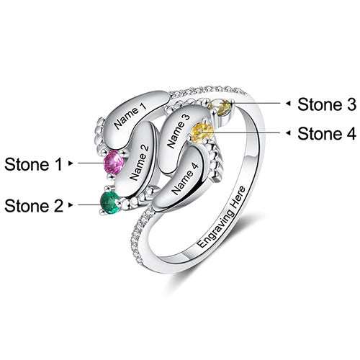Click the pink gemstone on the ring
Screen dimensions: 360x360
pyautogui.click(x=114, y=162)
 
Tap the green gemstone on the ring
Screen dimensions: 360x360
pyautogui.click(x=109, y=202)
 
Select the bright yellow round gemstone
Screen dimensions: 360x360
pyautogui.click(x=202, y=133)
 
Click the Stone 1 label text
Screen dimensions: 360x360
pyautogui.click(x=33, y=164)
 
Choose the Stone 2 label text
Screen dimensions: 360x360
pyautogui.click(x=34, y=206)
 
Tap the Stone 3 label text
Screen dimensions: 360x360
pyautogui.click(x=327, y=104)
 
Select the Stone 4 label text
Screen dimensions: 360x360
pyautogui.click(x=327, y=133)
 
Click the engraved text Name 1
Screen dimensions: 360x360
pyautogui.click(x=130, y=116)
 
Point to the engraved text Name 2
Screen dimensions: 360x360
pyautogui.click(x=139, y=163)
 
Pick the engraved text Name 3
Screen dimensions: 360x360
pyautogui.click(x=179, y=131)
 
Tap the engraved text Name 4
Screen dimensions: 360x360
pyautogui.click(x=185, y=179)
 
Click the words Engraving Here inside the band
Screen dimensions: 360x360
pyautogui.click(x=221, y=217)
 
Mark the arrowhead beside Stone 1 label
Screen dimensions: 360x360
pyautogui.click(x=71, y=163)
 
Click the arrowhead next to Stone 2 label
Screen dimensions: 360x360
pyautogui.click(x=71, y=205)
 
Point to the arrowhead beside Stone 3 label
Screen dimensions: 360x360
pyautogui.click(x=289, y=104)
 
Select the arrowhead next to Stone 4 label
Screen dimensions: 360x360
pyautogui.click(x=289, y=132)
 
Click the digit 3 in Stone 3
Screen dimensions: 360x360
pyautogui.click(x=351, y=104)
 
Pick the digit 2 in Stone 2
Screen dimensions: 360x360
pyautogui.click(x=58, y=206)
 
